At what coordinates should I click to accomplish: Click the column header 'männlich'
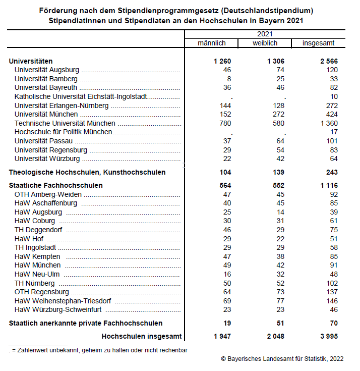pos(212,43)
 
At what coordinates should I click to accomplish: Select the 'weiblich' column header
pos(265,43)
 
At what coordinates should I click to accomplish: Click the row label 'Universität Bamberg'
pos(46,79)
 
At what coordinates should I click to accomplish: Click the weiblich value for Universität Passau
pos(279,141)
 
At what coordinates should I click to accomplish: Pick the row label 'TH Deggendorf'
pos(38,230)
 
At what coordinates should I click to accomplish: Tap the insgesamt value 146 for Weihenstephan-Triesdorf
pos(331,300)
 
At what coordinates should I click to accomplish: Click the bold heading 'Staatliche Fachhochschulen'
pos(55,185)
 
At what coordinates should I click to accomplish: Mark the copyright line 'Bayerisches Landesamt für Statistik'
pos(282,359)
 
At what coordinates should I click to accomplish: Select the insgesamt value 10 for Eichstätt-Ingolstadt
pos(333,96)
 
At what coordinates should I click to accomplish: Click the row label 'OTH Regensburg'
pos(42,292)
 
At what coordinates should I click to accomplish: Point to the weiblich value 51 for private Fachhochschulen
pos(279,323)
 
